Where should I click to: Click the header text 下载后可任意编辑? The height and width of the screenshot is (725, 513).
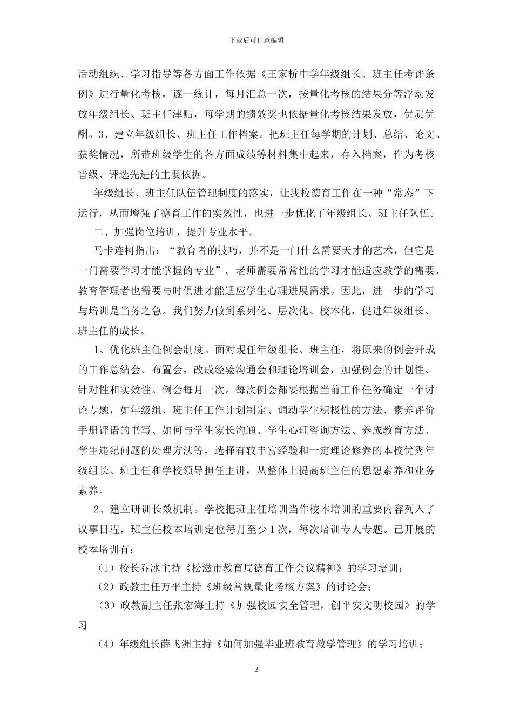[x=256, y=40]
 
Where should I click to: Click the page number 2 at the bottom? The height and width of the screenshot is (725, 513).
[x=256, y=669]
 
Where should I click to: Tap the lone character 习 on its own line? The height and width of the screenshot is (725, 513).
[x=83, y=625]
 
